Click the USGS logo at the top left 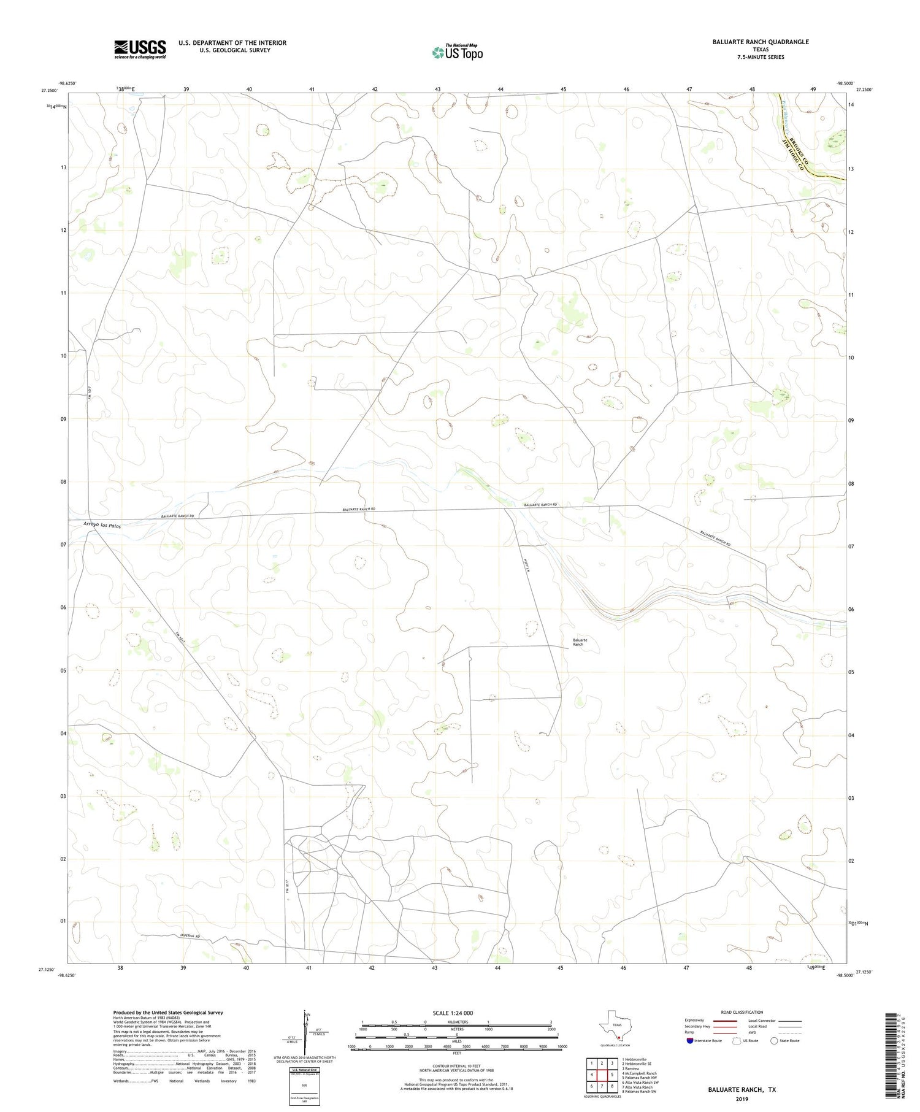(140, 49)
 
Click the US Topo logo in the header (457, 52)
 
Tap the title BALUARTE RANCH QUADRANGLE (752, 42)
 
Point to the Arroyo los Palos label (102, 526)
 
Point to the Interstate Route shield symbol (690, 1040)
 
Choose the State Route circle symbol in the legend (774, 1040)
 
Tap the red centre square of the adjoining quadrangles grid (602, 1074)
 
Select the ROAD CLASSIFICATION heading (742, 1012)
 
